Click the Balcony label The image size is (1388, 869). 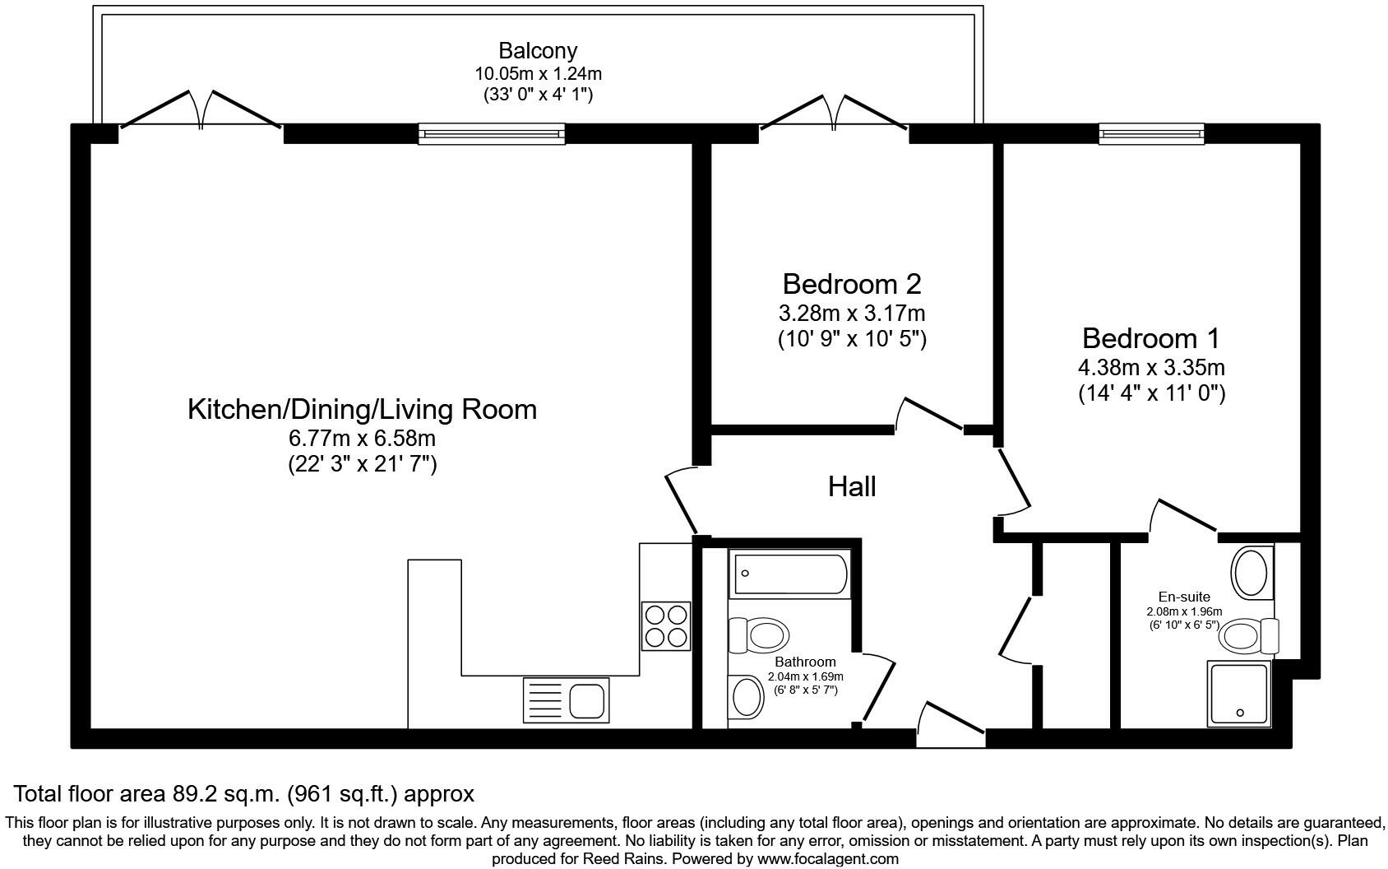[538, 51]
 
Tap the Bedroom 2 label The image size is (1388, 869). [851, 284]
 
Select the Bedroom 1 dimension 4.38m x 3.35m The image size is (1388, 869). [1151, 367]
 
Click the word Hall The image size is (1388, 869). [851, 486]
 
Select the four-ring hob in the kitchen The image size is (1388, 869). [666, 626]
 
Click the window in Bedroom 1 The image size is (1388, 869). [1151, 133]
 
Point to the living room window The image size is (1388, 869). [492, 133]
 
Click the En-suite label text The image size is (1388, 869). [1184, 597]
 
